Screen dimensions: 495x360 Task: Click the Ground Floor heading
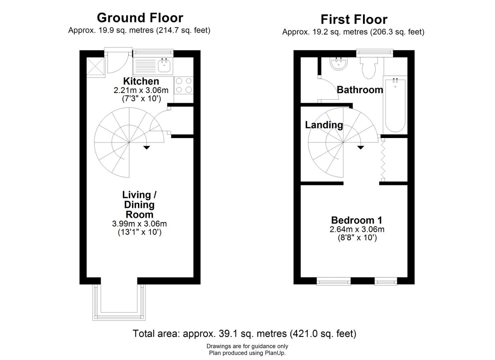(x=140, y=18)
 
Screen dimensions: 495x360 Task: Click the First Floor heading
(x=354, y=19)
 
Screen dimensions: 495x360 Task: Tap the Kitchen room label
(x=141, y=81)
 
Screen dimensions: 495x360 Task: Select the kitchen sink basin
(x=164, y=65)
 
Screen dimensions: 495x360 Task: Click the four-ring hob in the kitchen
(x=184, y=85)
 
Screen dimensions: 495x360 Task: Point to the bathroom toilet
(x=369, y=67)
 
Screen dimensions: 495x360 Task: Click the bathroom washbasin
(x=339, y=63)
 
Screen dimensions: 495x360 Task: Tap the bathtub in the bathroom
(x=395, y=105)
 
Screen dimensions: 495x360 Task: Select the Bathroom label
(x=360, y=90)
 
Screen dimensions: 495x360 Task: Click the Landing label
(x=324, y=125)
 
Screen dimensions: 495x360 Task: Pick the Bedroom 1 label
(x=357, y=220)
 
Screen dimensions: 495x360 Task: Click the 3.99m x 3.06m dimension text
(x=139, y=224)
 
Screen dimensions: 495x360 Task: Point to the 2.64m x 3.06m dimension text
(x=357, y=229)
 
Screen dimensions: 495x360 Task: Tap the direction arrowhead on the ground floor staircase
(x=147, y=148)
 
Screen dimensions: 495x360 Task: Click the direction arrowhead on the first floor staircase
(x=361, y=148)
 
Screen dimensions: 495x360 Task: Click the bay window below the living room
(x=119, y=302)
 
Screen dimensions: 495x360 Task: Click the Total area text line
(x=244, y=333)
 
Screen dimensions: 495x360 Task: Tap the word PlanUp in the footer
(x=277, y=353)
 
